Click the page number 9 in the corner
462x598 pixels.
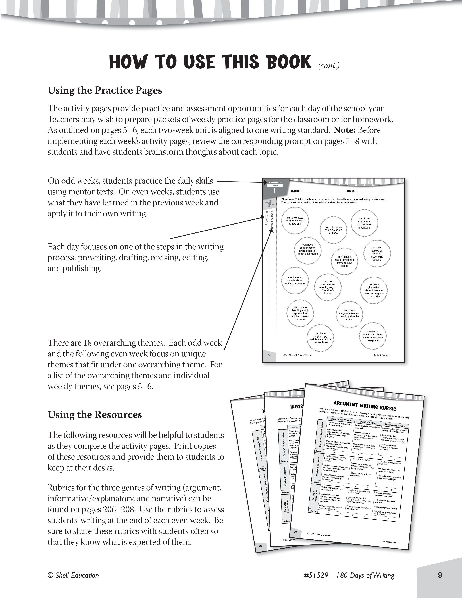click(440, 575)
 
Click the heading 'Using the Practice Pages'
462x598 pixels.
click(105, 90)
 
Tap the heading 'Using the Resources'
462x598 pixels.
click(95, 415)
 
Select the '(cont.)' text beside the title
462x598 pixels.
click(329, 66)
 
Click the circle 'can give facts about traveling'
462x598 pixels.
click(295, 221)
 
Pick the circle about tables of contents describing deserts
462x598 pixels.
click(377, 254)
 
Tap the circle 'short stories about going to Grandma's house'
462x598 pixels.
click(328, 287)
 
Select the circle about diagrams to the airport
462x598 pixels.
click(349, 315)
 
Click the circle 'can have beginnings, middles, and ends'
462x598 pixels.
click(320, 338)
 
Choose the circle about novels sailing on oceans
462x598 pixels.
click(295, 280)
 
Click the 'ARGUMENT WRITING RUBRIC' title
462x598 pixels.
click(365, 406)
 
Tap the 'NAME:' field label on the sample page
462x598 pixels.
click(296, 191)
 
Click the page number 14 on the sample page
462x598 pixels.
click(269, 355)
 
